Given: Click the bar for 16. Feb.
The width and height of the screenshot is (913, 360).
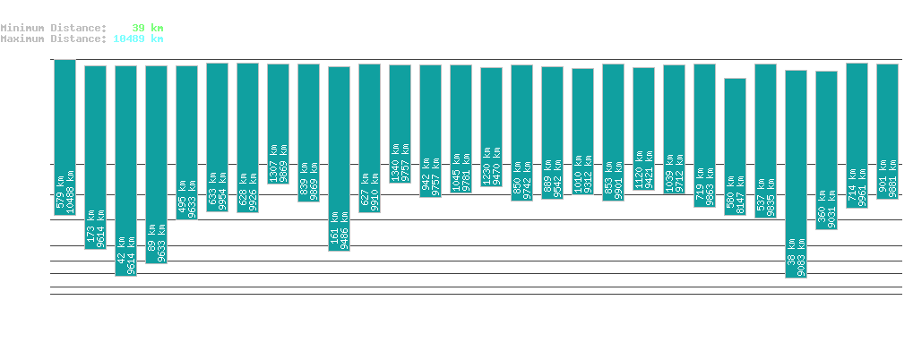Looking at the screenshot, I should (x=125, y=170).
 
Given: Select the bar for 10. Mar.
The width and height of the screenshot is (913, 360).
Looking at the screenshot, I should (x=796, y=174).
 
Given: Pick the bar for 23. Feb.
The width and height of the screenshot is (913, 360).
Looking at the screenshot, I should (x=339, y=159).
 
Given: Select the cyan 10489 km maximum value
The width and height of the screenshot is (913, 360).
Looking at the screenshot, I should (x=138, y=39).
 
